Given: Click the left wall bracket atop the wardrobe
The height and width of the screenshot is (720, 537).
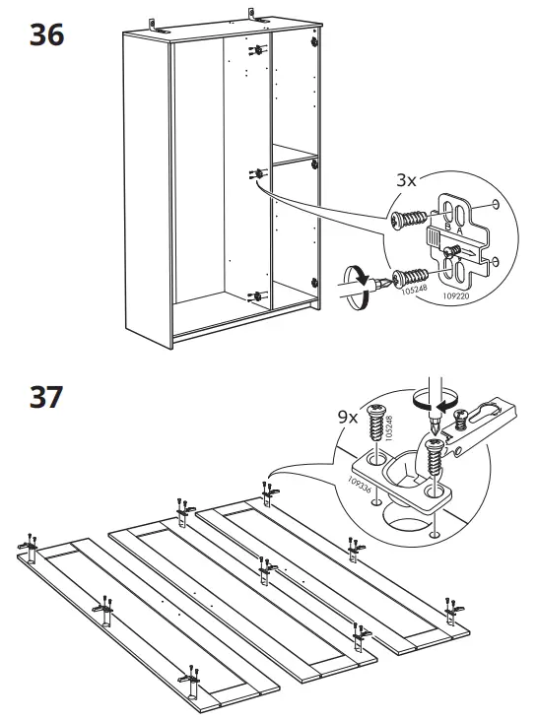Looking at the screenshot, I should point(155,22).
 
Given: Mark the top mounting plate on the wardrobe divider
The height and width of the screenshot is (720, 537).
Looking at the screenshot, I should point(258,49).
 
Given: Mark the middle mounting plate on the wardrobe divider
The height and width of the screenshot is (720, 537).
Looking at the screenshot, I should point(259,173).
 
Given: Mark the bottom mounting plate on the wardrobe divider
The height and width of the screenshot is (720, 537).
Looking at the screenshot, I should point(258,295).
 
